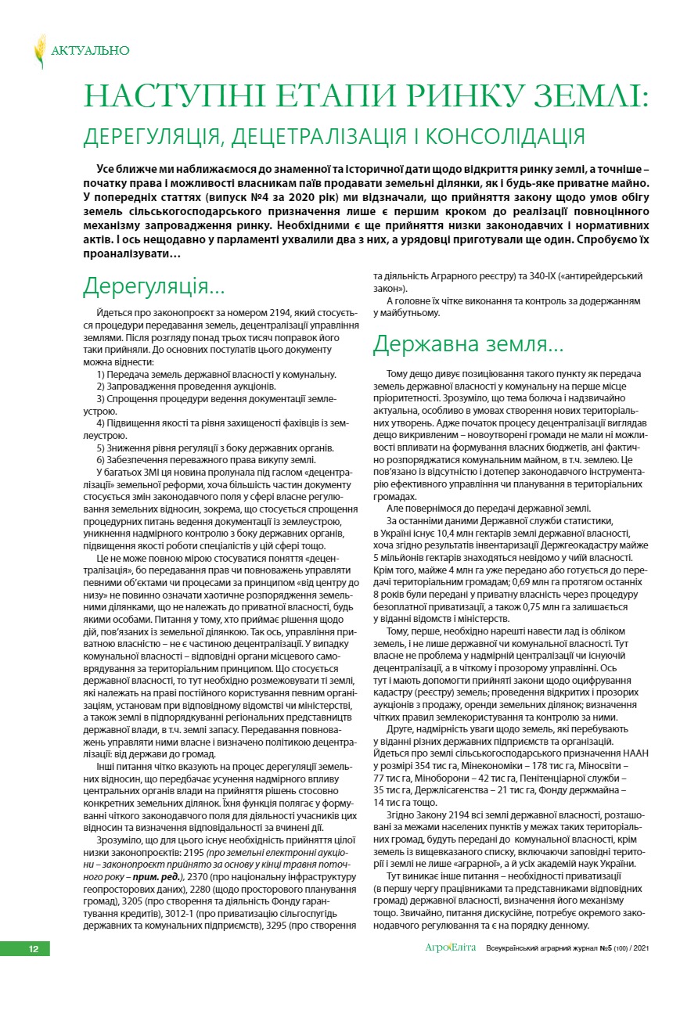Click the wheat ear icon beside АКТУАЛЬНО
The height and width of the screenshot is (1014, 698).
[39, 51]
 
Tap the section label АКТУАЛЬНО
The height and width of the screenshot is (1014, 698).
[90, 51]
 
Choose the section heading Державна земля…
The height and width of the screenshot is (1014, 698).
[467, 343]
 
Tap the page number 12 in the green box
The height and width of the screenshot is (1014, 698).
[34, 949]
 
